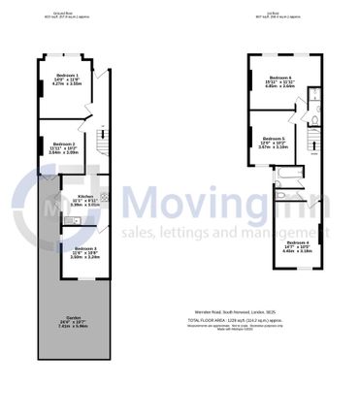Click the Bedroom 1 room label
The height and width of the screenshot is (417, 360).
[x=66, y=75]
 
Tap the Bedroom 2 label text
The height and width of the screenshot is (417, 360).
[x=64, y=144]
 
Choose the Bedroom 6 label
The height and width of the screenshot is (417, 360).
[x=279, y=78]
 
